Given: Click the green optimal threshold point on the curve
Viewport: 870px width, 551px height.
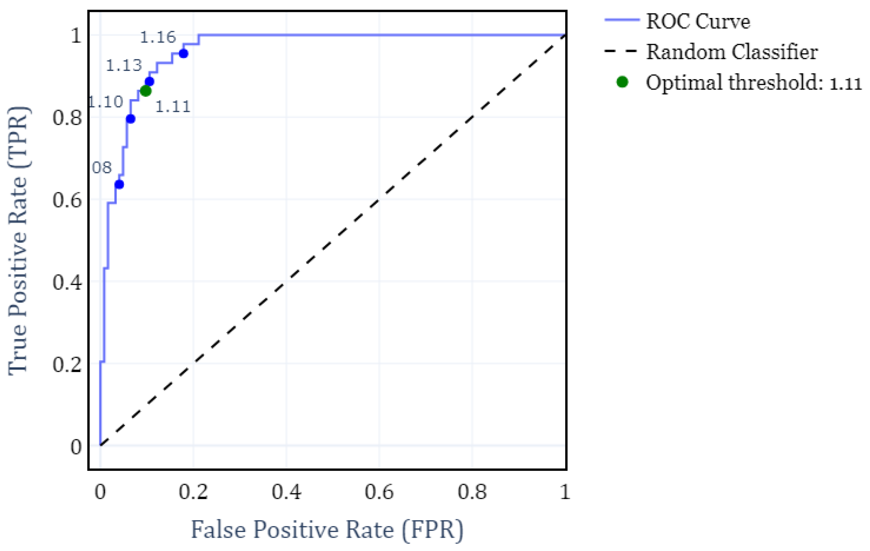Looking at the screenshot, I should (x=146, y=91).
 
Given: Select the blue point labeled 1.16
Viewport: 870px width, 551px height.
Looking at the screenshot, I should (x=183, y=54).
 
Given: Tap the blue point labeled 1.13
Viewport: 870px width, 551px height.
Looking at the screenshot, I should (x=149, y=81).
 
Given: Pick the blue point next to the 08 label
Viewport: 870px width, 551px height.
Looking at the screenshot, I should (x=119, y=184).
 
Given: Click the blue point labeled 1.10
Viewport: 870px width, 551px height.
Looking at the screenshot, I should (x=131, y=119).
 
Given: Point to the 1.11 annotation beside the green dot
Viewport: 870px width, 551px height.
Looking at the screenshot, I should (x=173, y=107).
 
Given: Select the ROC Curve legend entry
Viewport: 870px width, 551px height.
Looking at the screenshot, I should (x=697, y=21).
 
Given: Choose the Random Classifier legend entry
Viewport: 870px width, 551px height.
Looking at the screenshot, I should (x=732, y=52).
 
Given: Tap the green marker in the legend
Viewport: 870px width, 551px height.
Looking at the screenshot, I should (x=622, y=82).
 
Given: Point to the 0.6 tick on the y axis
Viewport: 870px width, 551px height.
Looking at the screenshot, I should (x=67, y=200).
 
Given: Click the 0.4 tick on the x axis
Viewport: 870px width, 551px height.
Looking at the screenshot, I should (x=286, y=492).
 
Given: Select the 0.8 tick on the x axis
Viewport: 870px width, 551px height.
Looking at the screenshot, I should (x=472, y=492).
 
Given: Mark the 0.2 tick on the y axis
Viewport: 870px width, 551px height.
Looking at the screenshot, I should (x=67, y=364).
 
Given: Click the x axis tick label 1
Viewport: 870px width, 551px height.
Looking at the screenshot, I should (x=565, y=492).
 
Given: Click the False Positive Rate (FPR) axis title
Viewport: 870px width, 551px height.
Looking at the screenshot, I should (x=327, y=530).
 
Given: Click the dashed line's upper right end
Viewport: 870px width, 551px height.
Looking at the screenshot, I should (x=564, y=36).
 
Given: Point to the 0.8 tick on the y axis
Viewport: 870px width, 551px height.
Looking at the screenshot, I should (x=67, y=118).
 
